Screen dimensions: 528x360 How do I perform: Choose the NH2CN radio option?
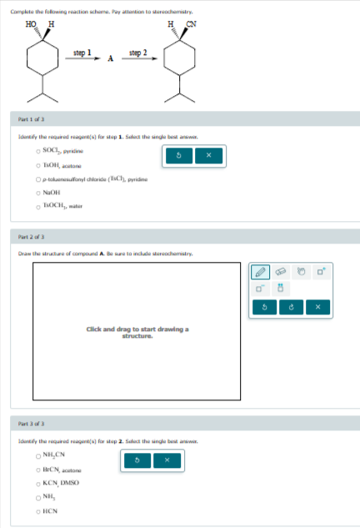[x=37, y=456]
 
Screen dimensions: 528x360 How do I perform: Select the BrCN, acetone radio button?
[x=37, y=470]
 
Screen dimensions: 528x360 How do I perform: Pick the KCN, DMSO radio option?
[x=37, y=485]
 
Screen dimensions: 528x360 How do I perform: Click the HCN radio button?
[x=37, y=512]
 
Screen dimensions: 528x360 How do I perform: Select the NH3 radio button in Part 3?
[x=37, y=498]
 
